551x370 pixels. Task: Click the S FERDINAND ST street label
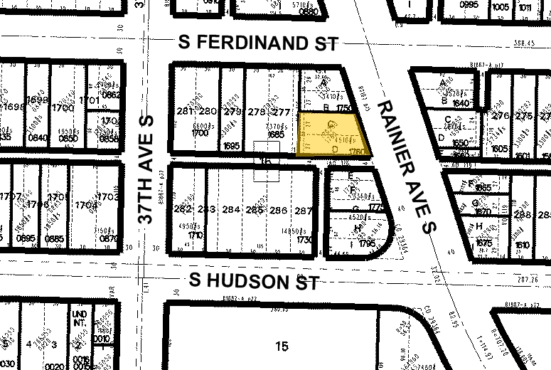tap(257, 43)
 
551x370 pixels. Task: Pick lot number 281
tap(185, 111)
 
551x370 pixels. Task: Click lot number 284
tap(232, 210)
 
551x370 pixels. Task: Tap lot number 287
tap(304, 210)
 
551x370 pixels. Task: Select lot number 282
tap(183, 210)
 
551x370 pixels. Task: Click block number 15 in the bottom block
tap(282, 347)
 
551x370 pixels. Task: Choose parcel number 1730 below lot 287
tap(304, 240)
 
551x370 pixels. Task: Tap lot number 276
tap(501, 115)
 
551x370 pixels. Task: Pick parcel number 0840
tap(38, 137)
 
